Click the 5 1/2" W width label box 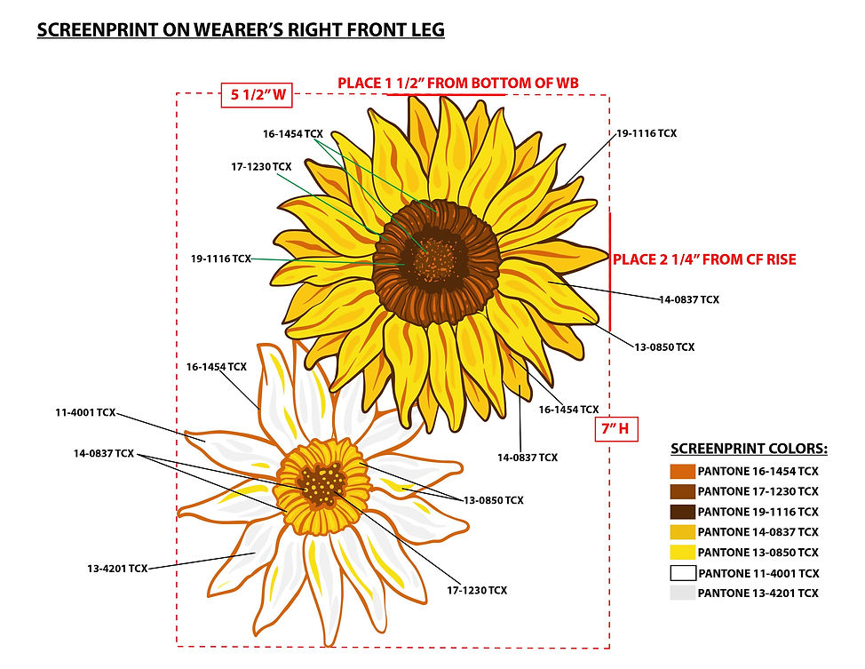pyautogui.click(x=257, y=95)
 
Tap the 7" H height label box pyautogui.click(x=616, y=429)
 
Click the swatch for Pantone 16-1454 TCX pyautogui.click(x=682, y=472)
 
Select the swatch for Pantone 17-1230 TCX pyautogui.click(x=682, y=491)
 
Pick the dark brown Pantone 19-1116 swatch pyautogui.click(x=682, y=512)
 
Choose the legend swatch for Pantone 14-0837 pyautogui.click(x=682, y=532)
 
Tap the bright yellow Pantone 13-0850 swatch pyautogui.click(x=682, y=552)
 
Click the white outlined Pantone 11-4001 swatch pyautogui.click(x=682, y=573)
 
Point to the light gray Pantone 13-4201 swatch pyautogui.click(x=682, y=593)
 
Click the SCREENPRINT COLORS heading pyautogui.click(x=750, y=449)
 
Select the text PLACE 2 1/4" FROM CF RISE pyautogui.click(x=704, y=259)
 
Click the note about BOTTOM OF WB pyautogui.click(x=458, y=84)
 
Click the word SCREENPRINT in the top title pyautogui.click(x=98, y=30)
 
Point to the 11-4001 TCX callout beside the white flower pyautogui.click(x=85, y=412)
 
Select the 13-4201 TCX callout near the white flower pyautogui.click(x=117, y=568)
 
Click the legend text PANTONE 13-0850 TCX pyautogui.click(x=758, y=553)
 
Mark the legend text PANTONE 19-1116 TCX pyautogui.click(x=758, y=512)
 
